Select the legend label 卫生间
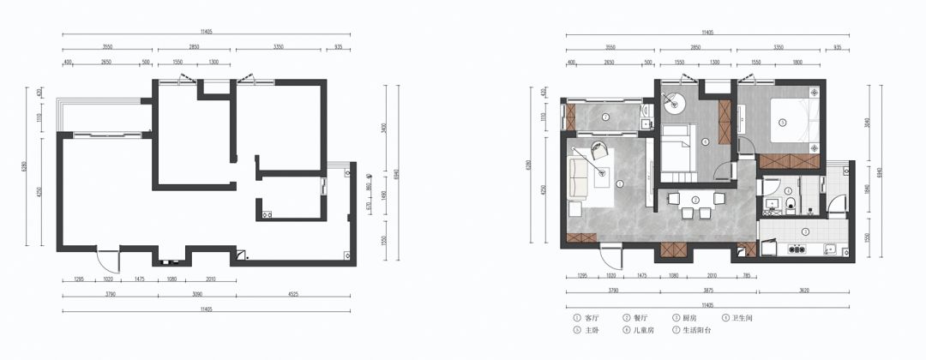743,319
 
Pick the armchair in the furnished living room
599,153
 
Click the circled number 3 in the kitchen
805,232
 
